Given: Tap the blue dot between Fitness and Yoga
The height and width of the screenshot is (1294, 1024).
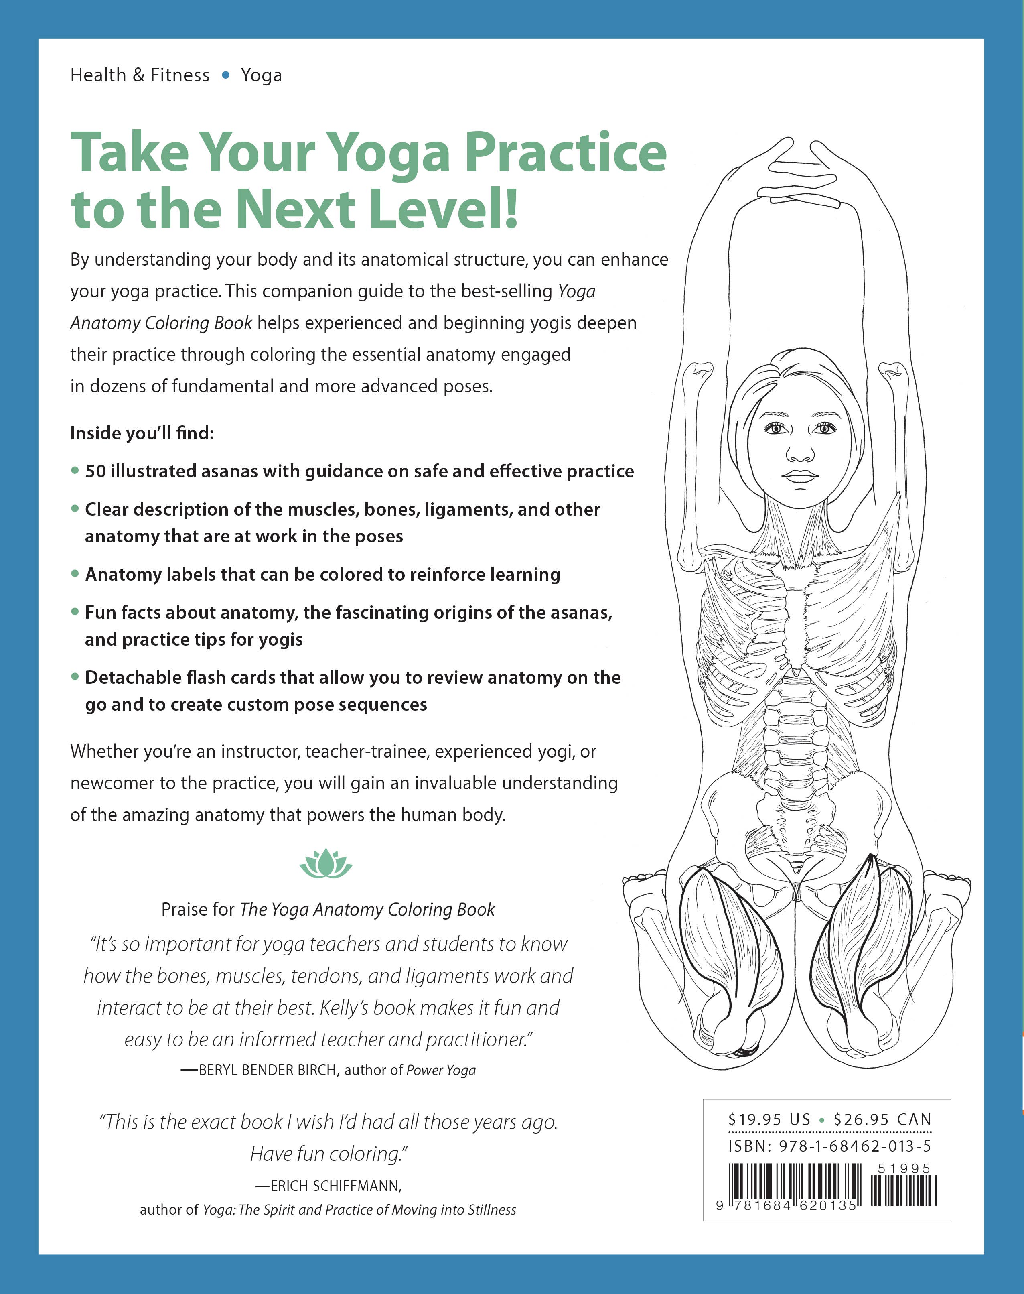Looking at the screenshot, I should coord(225,75).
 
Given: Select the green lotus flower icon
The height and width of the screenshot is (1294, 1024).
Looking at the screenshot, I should coord(326,863).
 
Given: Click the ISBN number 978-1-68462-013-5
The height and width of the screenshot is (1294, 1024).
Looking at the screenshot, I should coord(854,1146).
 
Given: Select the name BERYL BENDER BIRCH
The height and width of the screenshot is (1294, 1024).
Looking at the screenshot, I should coord(268,1071).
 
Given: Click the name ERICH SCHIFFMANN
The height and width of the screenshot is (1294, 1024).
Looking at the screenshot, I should coord(336,1186).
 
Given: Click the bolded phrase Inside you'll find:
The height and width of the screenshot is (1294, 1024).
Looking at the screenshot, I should coord(142,433).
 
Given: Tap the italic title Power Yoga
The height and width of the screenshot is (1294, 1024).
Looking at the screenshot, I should coord(441,1071).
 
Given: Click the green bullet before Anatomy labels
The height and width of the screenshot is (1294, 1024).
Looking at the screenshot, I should coord(75,574).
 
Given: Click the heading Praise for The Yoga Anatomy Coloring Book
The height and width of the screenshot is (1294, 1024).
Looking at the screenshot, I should coord(328,910).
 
